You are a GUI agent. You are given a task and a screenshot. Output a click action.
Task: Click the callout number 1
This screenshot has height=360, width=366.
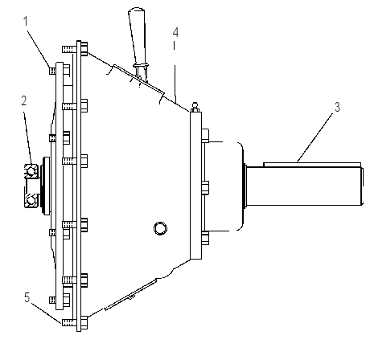pyautogui.click(x=26, y=22)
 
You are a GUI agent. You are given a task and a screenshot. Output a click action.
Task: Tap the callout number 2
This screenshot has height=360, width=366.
pyautogui.click(x=24, y=101)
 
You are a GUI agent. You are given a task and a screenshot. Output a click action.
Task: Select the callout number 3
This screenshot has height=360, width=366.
pyautogui.click(x=337, y=107)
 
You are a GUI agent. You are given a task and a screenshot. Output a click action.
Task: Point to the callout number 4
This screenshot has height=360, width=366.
pyautogui.click(x=175, y=32)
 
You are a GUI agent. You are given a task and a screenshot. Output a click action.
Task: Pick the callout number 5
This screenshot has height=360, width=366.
pyautogui.click(x=27, y=297)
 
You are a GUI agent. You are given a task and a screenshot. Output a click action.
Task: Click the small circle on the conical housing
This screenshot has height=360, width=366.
pyautogui.click(x=160, y=228)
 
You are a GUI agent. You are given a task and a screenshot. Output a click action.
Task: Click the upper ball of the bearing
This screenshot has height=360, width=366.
pyautogui.click(x=31, y=171)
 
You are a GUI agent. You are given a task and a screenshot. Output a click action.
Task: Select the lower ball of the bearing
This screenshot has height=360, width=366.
pyautogui.click(x=31, y=200)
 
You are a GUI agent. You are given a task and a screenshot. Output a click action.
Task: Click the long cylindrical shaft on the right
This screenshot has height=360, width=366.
pyautogui.click(x=304, y=186)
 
